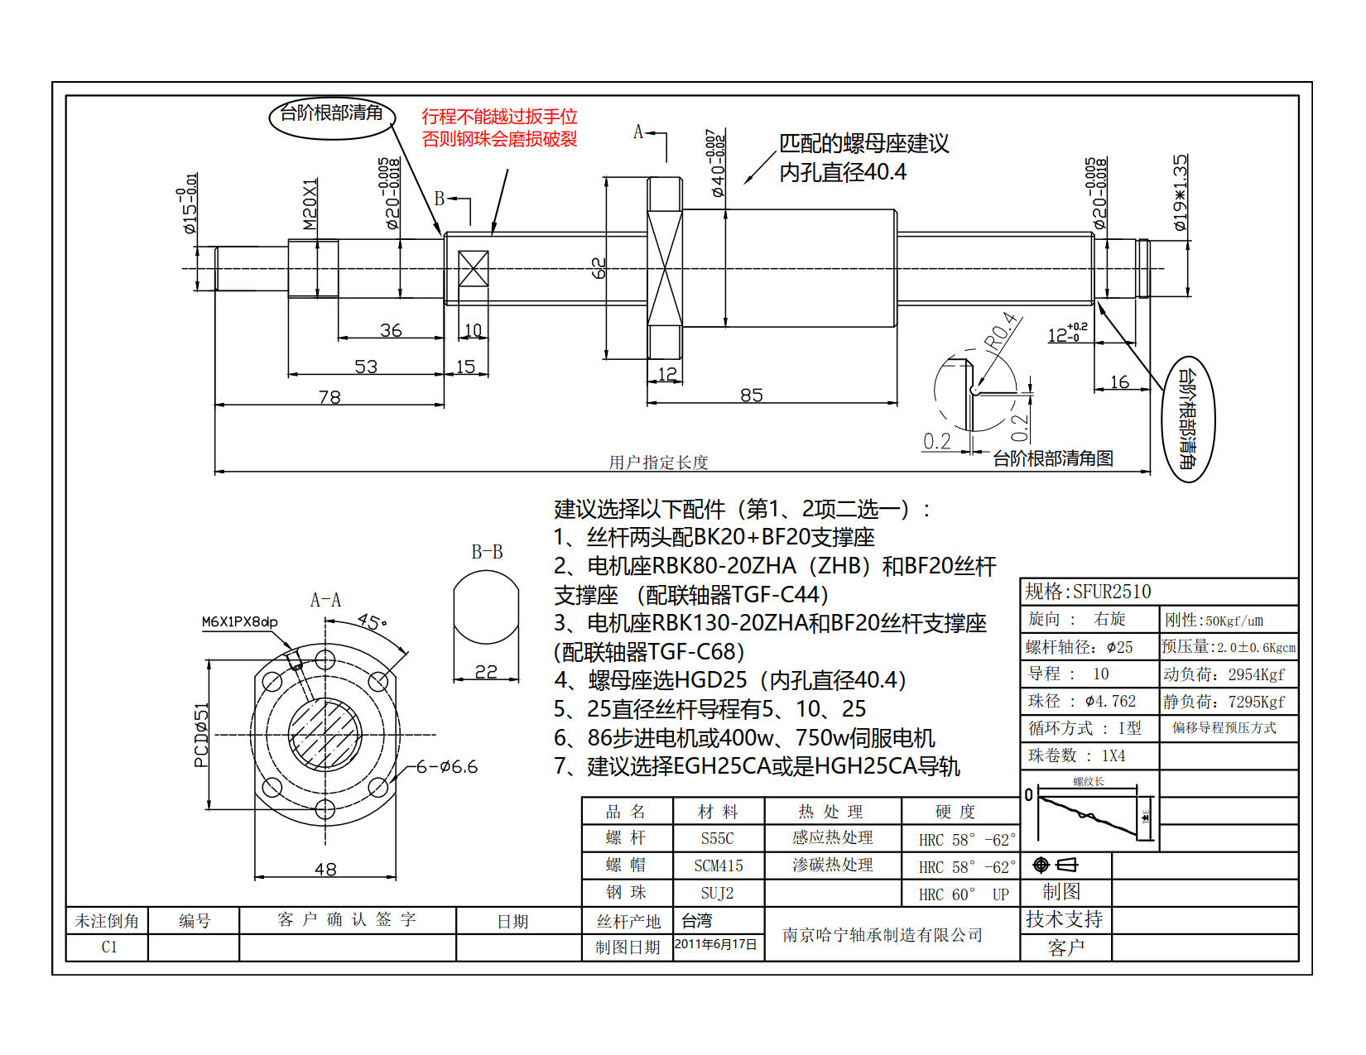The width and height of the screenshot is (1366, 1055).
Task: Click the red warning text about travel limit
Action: tap(499, 127)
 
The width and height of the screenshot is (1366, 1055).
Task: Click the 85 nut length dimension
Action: tap(751, 395)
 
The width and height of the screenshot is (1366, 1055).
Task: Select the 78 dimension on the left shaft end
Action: tap(329, 396)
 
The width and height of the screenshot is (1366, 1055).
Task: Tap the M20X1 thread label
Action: tap(310, 204)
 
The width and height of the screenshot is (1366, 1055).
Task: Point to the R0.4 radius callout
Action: tap(999, 332)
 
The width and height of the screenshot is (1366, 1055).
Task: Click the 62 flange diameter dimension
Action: tap(599, 268)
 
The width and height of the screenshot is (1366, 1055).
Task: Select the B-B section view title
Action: tap(487, 552)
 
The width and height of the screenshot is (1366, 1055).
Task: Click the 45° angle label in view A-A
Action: tap(372, 621)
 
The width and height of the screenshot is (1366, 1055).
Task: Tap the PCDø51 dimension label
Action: tap(201, 735)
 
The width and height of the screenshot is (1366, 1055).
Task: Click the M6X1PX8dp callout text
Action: tap(239, 621)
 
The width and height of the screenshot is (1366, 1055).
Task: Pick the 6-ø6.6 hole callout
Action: tap(446, 767)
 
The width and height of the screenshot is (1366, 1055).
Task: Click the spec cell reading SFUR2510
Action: tap(1089, 592)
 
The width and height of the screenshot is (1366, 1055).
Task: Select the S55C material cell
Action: tap(717, 838)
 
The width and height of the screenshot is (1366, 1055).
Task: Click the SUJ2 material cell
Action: tap(717, 893)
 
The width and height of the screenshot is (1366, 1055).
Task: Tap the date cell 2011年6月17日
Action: tap(716, 944)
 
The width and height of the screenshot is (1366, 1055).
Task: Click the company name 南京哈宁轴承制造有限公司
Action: tap(883, 934)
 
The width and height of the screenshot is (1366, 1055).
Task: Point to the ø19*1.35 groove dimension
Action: tap(1180, 192)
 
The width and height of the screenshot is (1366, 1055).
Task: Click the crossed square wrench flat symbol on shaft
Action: tap(473, 269)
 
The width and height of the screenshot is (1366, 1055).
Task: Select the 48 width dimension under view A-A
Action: tap(325, 869)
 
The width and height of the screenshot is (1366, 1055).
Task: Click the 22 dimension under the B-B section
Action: tap(486, 671)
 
